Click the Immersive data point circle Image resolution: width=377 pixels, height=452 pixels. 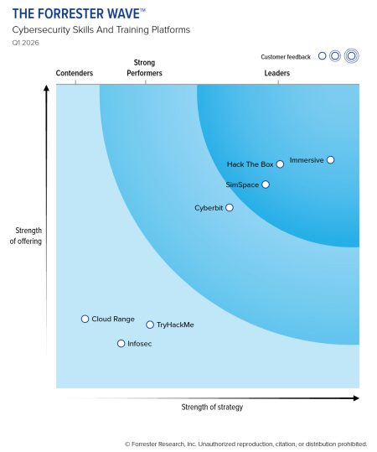coord(331,159)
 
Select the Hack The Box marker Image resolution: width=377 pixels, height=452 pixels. coord(280,164)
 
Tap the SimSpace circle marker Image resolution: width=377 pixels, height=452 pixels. coord(266,184)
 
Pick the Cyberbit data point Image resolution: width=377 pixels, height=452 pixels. coord(230,207)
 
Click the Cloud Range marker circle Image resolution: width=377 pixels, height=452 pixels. coord(85,319)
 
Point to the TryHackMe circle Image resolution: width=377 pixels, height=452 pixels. coord(150,325)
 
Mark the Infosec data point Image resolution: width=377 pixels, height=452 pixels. coord(121,344)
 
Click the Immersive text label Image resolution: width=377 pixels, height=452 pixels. coord(306,159)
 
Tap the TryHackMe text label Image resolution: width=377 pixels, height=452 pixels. coord(175,325)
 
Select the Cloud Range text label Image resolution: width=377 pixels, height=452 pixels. coord(113,319)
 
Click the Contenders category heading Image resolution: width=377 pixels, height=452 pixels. coord(75,74)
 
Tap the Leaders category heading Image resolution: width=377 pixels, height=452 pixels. coord(277,74)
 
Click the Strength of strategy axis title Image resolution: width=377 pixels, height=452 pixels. coord(212,407)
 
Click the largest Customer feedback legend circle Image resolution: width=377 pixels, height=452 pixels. coord(352,56)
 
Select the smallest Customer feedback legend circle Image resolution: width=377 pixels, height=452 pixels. coord(322,56)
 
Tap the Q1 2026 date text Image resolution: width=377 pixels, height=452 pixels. coord(25,42)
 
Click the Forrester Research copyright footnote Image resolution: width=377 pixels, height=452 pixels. coord(245,444)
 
